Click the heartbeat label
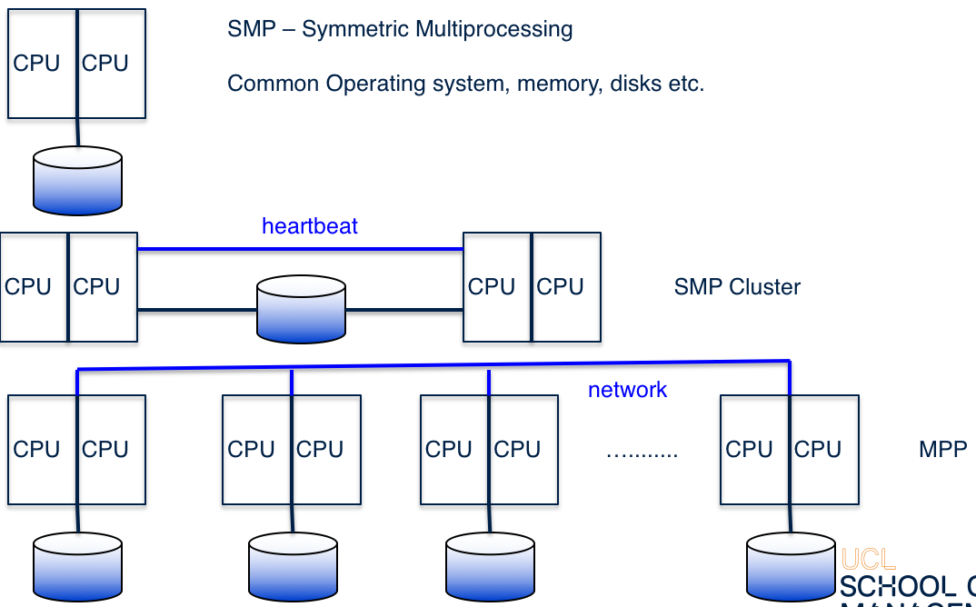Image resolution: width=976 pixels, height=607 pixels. (310, 226)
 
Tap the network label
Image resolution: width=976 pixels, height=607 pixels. (627, 391)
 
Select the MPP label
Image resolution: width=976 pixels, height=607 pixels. (942, 450)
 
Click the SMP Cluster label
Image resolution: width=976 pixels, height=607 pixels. (737, 287)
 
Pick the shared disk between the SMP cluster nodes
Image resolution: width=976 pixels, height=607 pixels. (301, 310)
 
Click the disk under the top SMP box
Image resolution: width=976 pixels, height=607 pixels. (77, 181)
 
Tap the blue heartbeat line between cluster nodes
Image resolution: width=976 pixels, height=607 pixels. (300, 249)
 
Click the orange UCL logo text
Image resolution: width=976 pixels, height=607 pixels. (868, 559)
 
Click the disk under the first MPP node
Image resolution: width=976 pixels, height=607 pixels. (77, 567)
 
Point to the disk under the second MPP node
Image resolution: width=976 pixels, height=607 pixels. (293, 567)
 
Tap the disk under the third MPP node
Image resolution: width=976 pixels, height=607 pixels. (490, 567)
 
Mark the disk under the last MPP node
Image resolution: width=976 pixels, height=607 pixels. (790, 567)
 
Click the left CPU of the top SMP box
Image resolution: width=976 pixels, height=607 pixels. (36, 64)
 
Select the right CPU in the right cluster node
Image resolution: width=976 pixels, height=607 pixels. (560, 287)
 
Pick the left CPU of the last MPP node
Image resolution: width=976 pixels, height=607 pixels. (750, 450)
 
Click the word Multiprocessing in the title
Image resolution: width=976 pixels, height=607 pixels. (493, 29)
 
